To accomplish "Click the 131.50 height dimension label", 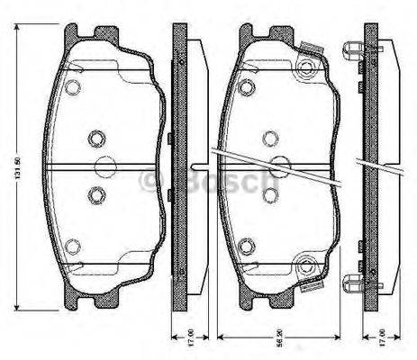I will [16, 161].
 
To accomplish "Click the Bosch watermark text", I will [208, 184].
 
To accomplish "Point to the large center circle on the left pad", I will [106, 167].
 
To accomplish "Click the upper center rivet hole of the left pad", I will [96, 138].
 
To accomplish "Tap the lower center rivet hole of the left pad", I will [96, 193].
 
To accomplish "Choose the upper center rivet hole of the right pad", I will [268, 138].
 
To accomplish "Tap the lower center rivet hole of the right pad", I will [268, 193].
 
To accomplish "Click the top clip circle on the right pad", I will [309, 67].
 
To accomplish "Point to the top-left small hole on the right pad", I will [245, 87].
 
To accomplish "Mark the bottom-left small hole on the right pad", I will [245, 244].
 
